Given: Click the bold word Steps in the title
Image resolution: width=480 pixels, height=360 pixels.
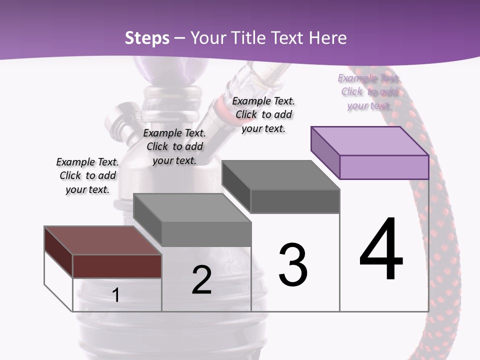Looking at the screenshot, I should point(147,38).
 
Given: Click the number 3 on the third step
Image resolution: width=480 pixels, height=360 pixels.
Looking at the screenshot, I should point(293,265).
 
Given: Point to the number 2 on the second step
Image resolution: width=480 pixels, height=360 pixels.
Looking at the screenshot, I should point(201,280).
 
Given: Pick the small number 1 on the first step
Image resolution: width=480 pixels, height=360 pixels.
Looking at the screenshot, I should point(116,295).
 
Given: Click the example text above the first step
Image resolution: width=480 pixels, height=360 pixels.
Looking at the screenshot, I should point(87,175).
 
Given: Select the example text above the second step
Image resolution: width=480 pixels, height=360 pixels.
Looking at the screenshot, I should point(174,146).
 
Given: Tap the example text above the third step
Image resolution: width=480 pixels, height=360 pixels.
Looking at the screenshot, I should point(263,114).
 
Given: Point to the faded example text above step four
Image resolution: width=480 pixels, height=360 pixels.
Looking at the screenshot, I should point(369,91).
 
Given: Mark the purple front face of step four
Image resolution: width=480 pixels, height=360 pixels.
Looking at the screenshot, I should point(384,167).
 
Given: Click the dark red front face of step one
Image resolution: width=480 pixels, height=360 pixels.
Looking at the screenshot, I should point(117,266).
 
